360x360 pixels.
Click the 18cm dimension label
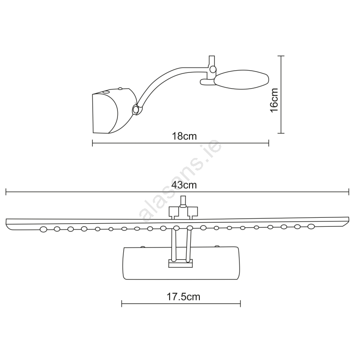[184, 136]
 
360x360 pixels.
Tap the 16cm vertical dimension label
[274, 100]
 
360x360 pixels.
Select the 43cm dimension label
[184, 185]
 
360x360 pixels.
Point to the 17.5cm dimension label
[183, 297]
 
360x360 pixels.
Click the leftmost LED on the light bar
[43, 229]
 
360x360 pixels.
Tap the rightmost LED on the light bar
[311, 226]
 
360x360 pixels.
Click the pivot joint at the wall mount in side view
[136, 109]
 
